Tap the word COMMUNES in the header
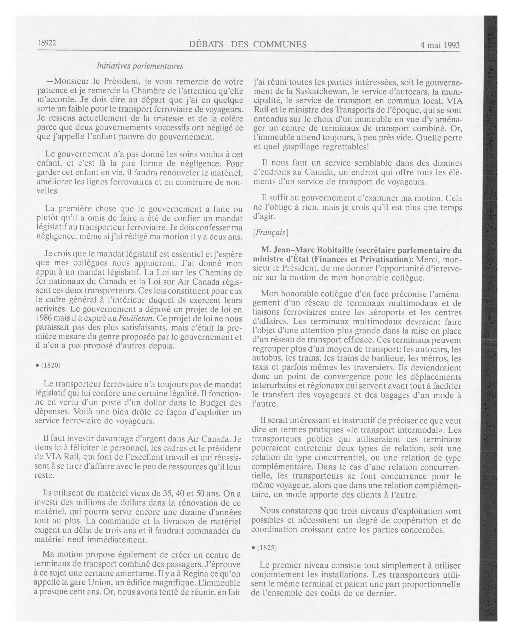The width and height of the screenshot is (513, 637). [x=279, y=45]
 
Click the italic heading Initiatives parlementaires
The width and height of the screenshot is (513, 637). [x=140, y=66]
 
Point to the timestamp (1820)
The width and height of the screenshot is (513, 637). [x=51, y=366]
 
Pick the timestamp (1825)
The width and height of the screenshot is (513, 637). [x=267, y=548]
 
